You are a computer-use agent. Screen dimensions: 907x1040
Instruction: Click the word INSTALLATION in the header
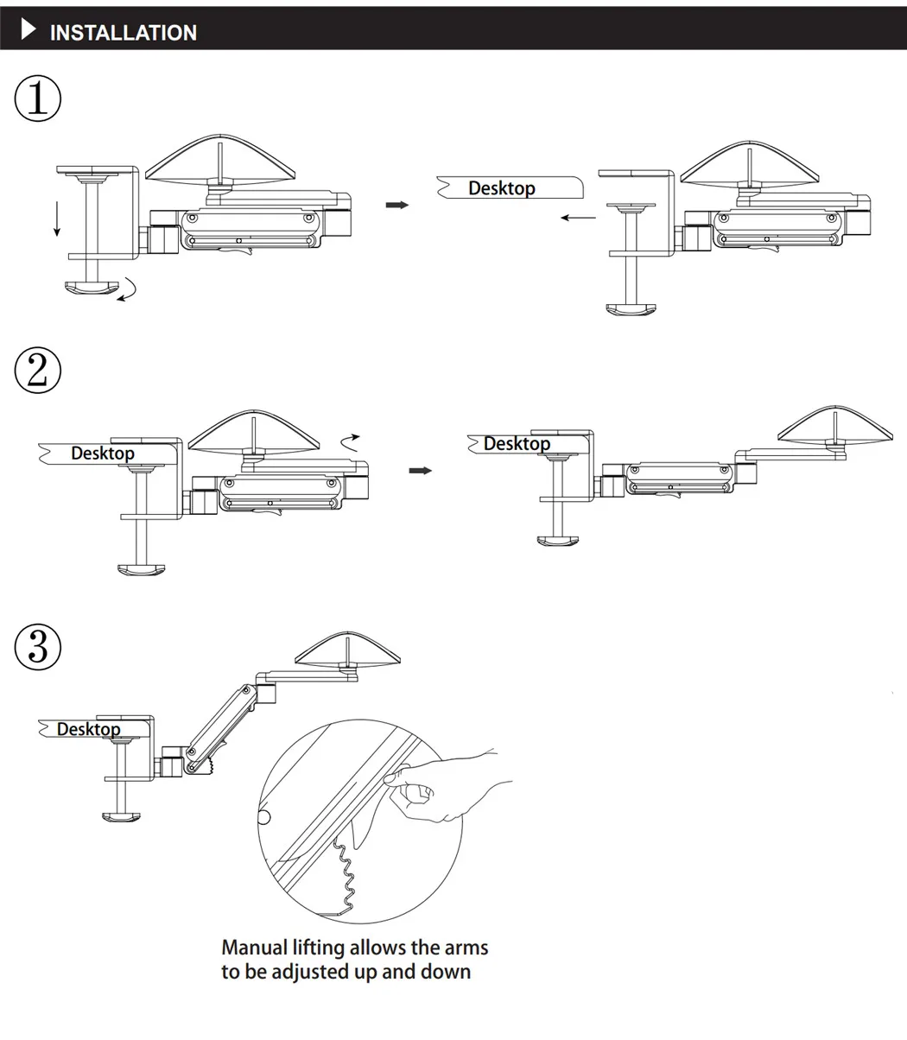click(124, 33)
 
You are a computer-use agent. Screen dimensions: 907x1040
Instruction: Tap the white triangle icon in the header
click(29, 29)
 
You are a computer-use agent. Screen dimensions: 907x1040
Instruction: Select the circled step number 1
click(38, 98)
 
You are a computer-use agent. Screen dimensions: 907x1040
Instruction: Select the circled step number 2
click(38, 370)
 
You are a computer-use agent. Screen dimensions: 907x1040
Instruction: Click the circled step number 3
click(38, 647)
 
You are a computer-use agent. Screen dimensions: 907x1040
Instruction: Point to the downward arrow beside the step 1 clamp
click(57, 219)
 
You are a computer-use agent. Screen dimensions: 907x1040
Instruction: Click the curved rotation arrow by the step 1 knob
click(128, 289)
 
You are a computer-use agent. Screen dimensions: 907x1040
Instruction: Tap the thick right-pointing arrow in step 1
click(397, 205)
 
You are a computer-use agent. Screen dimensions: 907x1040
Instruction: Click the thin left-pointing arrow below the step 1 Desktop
click(578, 218)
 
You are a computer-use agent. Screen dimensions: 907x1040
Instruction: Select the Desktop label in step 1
click(502, 188)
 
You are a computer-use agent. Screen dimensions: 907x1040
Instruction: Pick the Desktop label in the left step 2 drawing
click(103, 453)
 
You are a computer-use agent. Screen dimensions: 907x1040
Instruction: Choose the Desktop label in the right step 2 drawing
click(517, 444)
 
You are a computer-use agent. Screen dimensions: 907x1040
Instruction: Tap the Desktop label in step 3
click(88, 729)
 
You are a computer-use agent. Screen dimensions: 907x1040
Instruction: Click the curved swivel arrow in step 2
click(350, 442)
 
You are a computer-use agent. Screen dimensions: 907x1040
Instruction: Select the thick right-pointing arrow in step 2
click(420, 471)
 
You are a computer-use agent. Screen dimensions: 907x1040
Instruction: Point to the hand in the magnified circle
click(447, 785)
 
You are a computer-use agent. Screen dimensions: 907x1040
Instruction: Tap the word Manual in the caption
click(255, 948)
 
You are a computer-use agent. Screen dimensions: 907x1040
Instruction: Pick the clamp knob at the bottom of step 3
click(121, 817)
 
